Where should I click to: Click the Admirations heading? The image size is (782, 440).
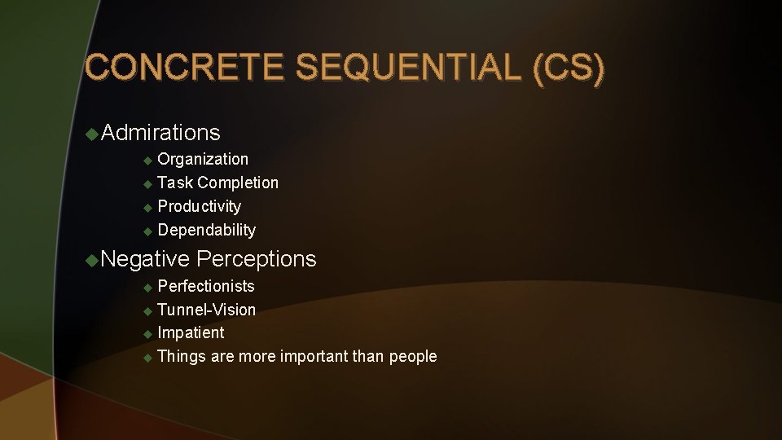click(161, 132)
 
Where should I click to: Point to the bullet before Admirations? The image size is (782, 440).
click(93, 132)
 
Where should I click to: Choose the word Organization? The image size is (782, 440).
click(203, 159)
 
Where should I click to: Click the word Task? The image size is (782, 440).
click(174, 183)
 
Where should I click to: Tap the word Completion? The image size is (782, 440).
click(238, 183)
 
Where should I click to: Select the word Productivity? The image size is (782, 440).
click(199, 206)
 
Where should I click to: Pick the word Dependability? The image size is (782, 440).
click(206, 230)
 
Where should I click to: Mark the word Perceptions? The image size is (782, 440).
click(257, 259)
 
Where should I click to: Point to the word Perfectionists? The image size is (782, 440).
click(205, 286)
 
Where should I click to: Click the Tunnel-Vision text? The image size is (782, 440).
click(206, 310)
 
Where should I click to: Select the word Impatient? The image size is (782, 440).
click(191, 332)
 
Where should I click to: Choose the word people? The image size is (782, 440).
click(413, 356)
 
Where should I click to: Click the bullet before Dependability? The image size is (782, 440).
click(147, 231)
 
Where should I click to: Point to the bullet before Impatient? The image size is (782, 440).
click(147, 333)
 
